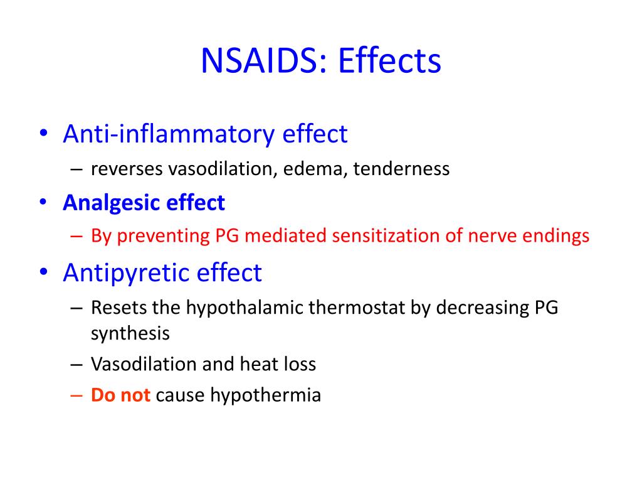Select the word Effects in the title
pos(389,62)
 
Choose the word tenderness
pos(401,169)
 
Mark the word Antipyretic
pos(129,272)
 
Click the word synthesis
pos(130,333)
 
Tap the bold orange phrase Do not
pos(120,395)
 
